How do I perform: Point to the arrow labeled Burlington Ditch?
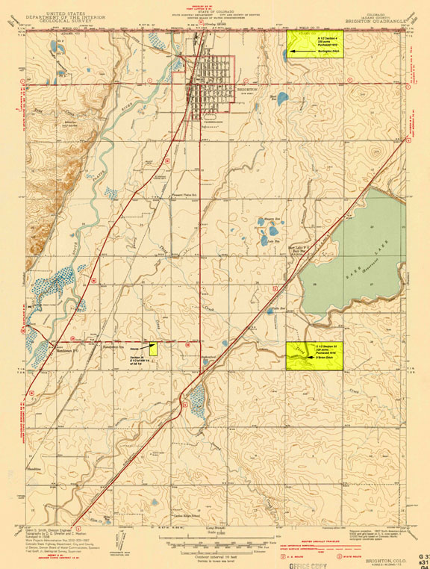[296, 52]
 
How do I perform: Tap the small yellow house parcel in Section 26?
[153, 347]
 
